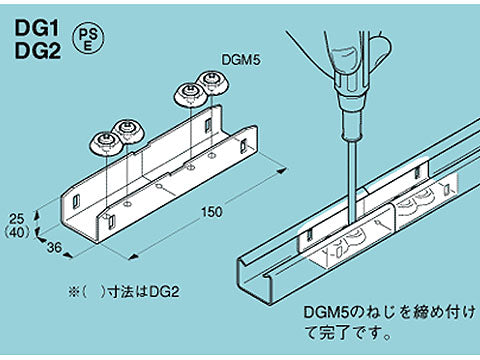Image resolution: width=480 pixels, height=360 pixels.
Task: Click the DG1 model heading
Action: [35, 30]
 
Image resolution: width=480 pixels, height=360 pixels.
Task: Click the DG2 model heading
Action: [36, 51]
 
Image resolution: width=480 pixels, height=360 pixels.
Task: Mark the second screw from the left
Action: [128, 130]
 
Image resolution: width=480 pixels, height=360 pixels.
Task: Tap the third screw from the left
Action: [189, 92]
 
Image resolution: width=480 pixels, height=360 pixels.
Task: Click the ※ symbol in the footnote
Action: [71, 293]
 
